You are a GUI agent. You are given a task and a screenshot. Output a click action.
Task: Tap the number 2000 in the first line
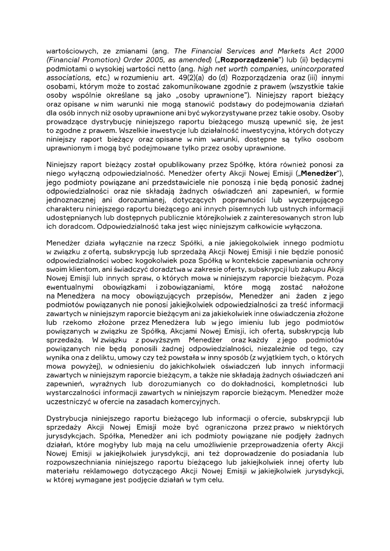tap(333, 51)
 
